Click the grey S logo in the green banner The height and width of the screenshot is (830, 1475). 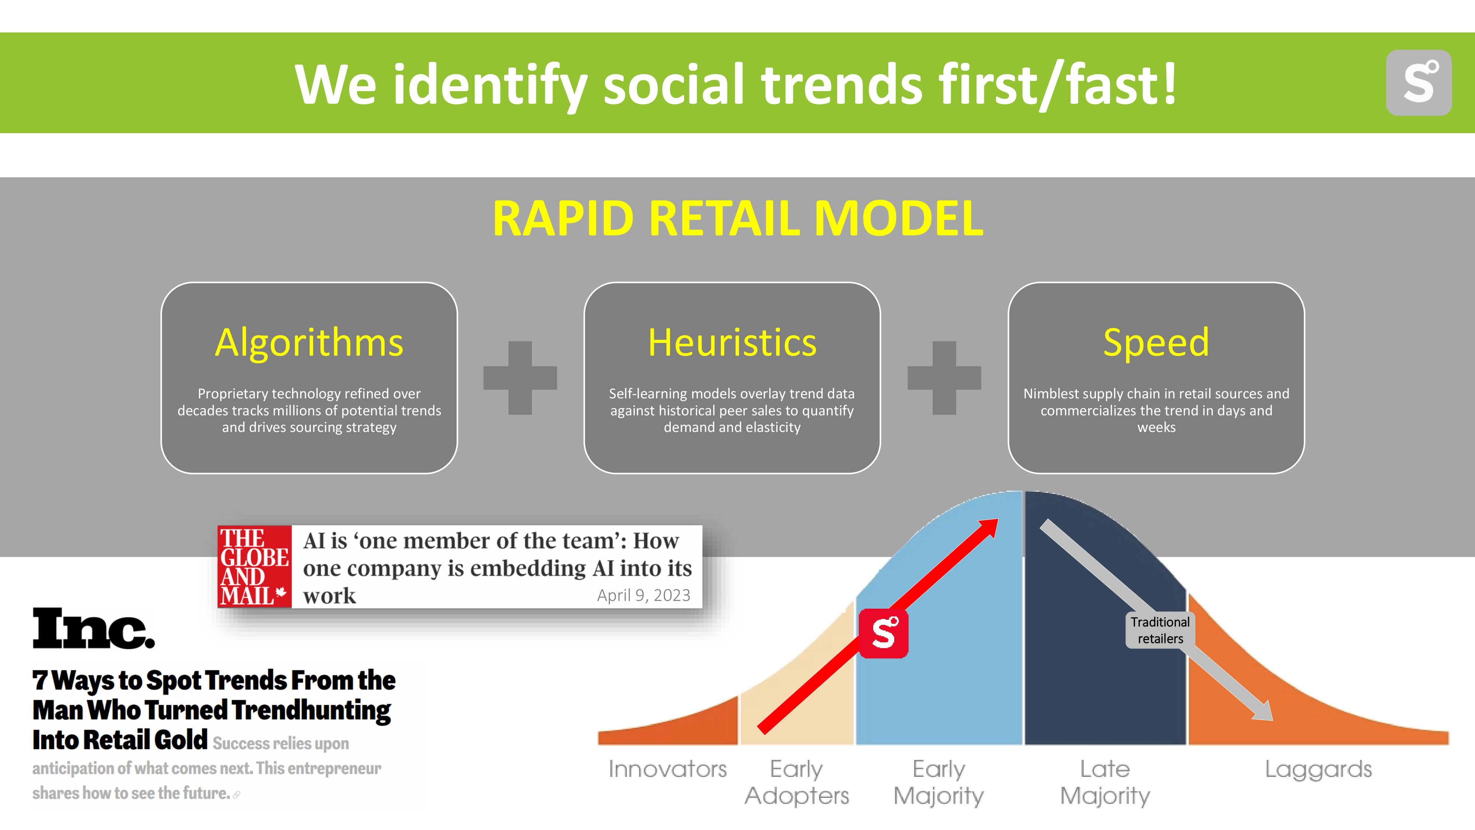[1418, 83]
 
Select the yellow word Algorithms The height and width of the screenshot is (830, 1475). [309, 343]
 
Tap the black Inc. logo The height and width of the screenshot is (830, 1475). [93, 628]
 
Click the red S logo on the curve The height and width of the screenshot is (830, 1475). [884, 633]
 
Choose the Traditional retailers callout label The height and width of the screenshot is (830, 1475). [1160, 630]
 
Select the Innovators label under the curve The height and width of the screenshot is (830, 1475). [668, 769]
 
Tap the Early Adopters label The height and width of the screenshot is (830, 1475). [796, 782]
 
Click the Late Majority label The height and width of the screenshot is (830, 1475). [1105, 782]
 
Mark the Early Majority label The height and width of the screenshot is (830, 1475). [939, 782]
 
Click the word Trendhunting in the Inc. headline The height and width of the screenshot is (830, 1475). [312, 710]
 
